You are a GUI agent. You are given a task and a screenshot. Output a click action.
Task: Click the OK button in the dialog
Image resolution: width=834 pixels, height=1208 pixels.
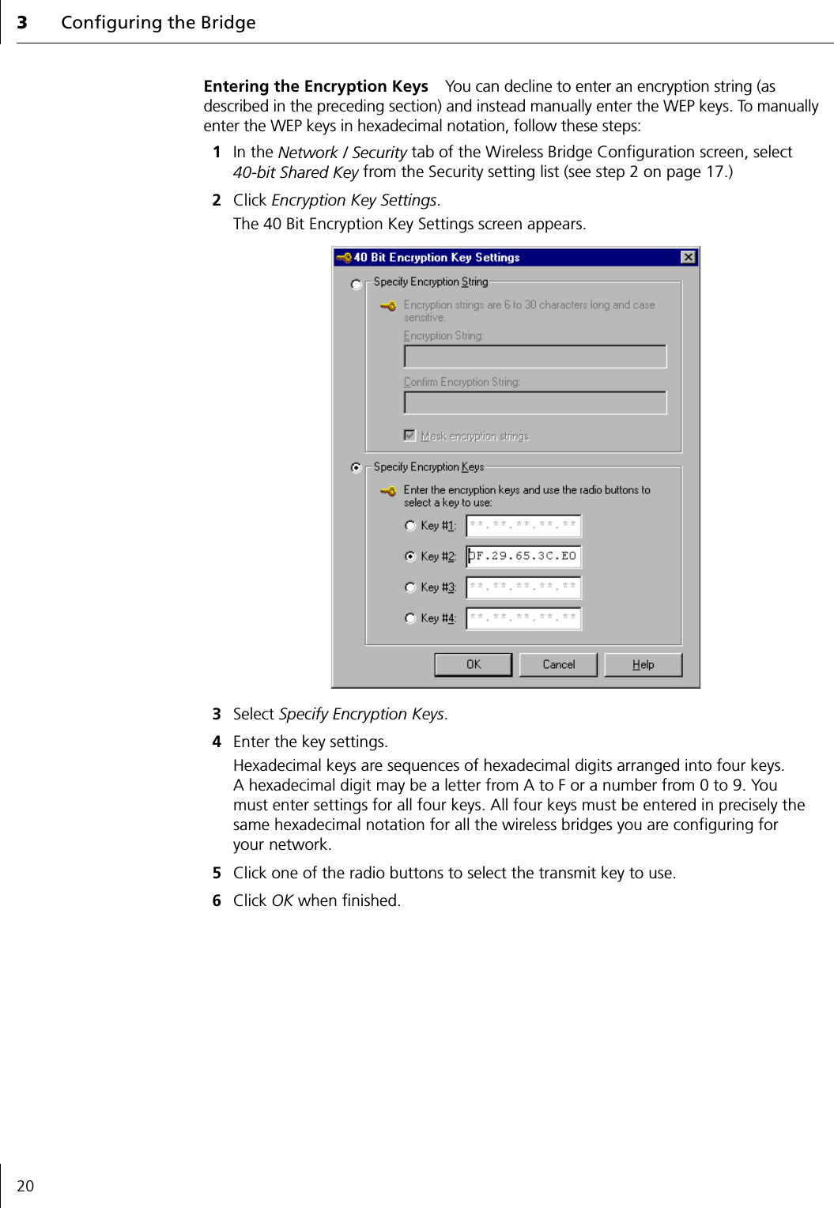click(x=473, y=665)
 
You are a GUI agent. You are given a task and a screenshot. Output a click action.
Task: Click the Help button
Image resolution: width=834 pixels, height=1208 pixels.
click(x=643, y=665)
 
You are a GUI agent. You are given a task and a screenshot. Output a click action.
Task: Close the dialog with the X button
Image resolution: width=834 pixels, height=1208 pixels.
click(x=688, y=257)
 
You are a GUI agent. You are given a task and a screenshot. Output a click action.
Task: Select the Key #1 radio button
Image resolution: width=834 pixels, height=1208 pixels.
click(x=410, y=526)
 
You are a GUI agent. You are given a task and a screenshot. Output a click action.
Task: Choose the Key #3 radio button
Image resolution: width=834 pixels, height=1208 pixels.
click(x=410, y=587)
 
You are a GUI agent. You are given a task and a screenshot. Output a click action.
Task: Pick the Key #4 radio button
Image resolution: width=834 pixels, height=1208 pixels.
click(x=410, y=618)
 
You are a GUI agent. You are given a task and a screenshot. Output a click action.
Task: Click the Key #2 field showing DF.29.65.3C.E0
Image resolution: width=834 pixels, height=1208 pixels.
click(x=523, y=557)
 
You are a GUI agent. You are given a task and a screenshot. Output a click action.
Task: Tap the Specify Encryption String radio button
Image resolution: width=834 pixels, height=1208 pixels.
click(x=357, y=284)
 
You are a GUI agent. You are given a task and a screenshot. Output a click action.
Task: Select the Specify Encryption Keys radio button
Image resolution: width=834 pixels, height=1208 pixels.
click(x=357, y=468)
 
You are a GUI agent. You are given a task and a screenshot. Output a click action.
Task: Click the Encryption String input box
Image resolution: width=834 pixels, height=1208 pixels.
click(x=534, y=357)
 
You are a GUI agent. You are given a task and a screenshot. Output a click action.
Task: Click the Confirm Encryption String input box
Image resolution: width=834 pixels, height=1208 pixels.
click(x=534, y=403)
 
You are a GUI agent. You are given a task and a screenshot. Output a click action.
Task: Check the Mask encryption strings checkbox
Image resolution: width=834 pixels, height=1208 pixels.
click(x=409, y=436)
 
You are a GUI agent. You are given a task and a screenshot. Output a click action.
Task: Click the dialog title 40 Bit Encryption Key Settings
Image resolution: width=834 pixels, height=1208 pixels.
click(x=436, y=258)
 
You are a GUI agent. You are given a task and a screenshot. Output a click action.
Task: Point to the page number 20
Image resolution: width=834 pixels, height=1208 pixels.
click(x=25, y=1186)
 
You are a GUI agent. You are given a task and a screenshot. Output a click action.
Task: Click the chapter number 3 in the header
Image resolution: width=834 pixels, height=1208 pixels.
click(x=22, y=23)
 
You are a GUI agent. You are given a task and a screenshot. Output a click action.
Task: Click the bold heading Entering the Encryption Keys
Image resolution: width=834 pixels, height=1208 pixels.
click(x=315, y=86)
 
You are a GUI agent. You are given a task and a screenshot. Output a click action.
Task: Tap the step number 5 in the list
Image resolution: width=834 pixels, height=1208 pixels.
click(x=217, y=874)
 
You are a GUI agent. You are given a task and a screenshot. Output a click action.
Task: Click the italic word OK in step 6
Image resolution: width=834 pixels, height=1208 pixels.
click(x=282, y=901)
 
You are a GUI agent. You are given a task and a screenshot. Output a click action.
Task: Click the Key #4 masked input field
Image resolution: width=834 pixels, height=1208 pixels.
click(x=523, y=618)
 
